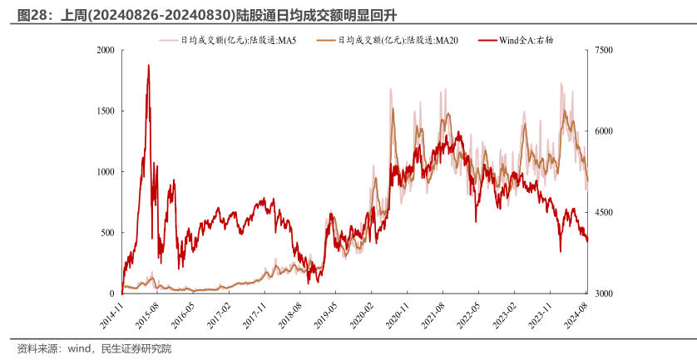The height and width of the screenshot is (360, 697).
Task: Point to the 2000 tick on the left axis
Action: pyautogui.click(x=105, y=50)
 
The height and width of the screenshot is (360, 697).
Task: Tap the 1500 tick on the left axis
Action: pyautogui.click(x=105, y=111)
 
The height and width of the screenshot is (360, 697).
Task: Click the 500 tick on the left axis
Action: pyautogui.click(x=107, y=233)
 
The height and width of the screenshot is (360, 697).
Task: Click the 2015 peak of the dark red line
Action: pyautogui.click(x=148, y=65)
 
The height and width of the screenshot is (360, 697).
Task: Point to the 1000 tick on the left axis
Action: pyautogui.click(x=105, y=171)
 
